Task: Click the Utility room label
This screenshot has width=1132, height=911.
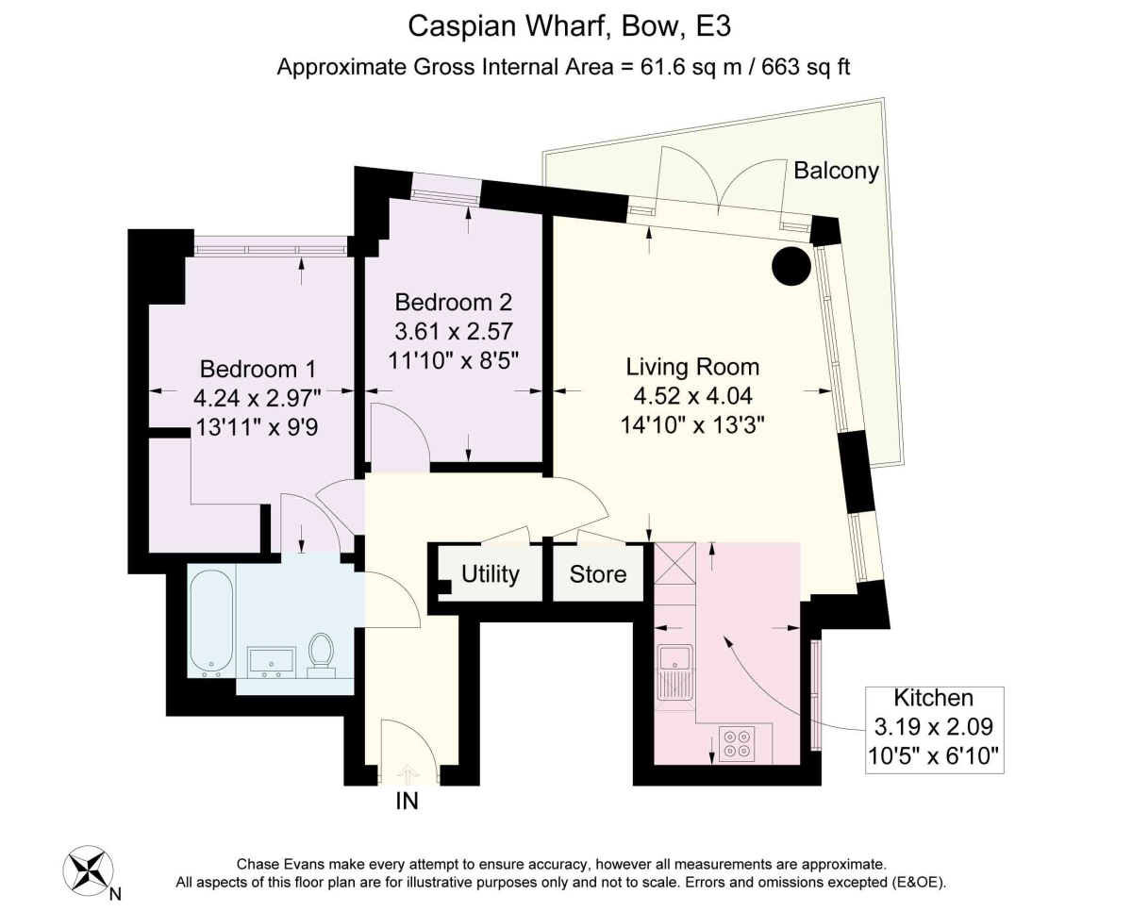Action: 491,573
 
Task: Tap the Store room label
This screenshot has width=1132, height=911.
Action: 598,573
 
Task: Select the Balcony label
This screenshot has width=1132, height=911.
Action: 836,171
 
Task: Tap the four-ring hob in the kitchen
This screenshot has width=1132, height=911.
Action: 735,743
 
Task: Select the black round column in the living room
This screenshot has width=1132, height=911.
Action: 791,265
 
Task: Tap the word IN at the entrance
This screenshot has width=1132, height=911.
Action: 408,803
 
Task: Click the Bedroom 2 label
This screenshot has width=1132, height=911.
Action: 453,303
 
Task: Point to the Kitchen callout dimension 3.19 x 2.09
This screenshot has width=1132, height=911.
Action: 934,727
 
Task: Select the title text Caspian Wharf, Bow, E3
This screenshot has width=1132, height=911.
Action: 569,25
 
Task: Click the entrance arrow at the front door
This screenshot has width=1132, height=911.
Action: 408,774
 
